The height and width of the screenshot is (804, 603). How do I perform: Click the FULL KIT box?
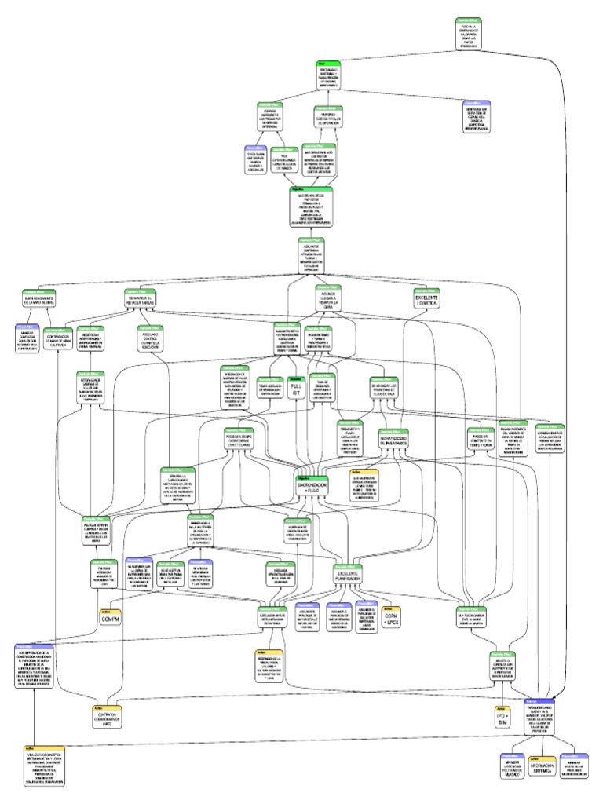(x=296, y=388)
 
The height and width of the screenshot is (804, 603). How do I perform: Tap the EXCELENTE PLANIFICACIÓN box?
(x=347, y=578)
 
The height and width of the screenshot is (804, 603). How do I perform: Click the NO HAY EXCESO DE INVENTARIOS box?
(x=394, y=441)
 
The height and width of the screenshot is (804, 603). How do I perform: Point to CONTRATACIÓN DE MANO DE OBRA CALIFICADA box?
(x=60, y=342)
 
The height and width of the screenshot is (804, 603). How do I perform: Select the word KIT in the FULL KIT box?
(x=296, y=394)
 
